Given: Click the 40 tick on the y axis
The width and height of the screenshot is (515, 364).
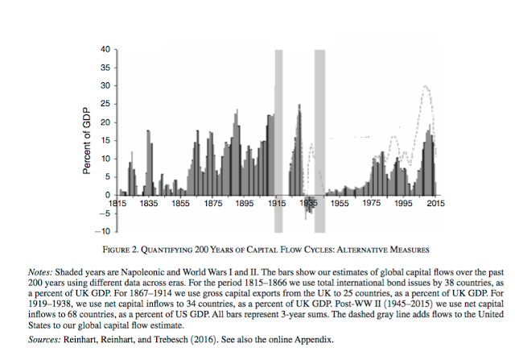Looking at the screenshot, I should click(105, 50).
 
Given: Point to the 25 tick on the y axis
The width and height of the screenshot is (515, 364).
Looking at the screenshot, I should click(105, 104).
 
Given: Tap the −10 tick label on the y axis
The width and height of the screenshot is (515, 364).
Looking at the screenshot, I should click(103, 231).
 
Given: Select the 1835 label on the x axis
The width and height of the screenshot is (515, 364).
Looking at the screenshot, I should click(147, 205).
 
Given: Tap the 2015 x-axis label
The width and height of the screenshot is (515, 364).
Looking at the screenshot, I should click(436, 205).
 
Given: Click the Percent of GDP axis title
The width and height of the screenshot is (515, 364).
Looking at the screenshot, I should click(86, 140).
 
